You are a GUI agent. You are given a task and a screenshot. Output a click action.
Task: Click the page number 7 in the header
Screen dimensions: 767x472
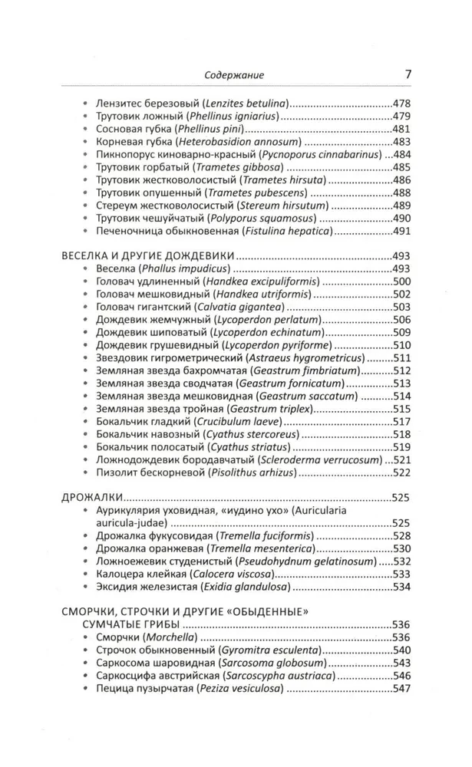click(x=407, y=74)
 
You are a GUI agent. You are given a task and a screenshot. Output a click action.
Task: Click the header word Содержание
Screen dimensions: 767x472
click(x=233, y=75)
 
